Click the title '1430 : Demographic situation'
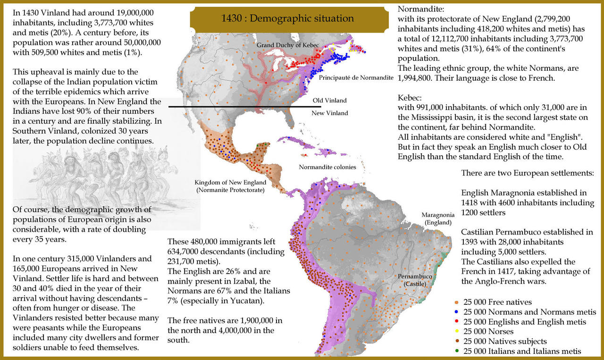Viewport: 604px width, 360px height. pyautogui.click(x=287, y=19)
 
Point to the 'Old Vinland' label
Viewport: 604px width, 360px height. pyautogui.click(x=329, y=100)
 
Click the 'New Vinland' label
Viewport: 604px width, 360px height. pyautogui.click(x=329, y=113)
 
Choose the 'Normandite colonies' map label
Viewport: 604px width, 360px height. pyautogui.click(x=327, y=167)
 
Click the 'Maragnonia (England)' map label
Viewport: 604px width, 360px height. pyautogui.click(x=438, y=218)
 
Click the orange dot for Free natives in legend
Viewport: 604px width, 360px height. pyautogui.click(x=457, y=302)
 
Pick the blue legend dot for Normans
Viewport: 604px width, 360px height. pyautogui.click(x=457, y=312)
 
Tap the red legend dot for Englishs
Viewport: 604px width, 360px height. pyautogui.click(x=457, y=322)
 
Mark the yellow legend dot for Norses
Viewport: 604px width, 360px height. pyautogui.click(x=457, y=332)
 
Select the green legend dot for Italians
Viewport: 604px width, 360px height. pyautogui.click(x=457, y=351)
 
